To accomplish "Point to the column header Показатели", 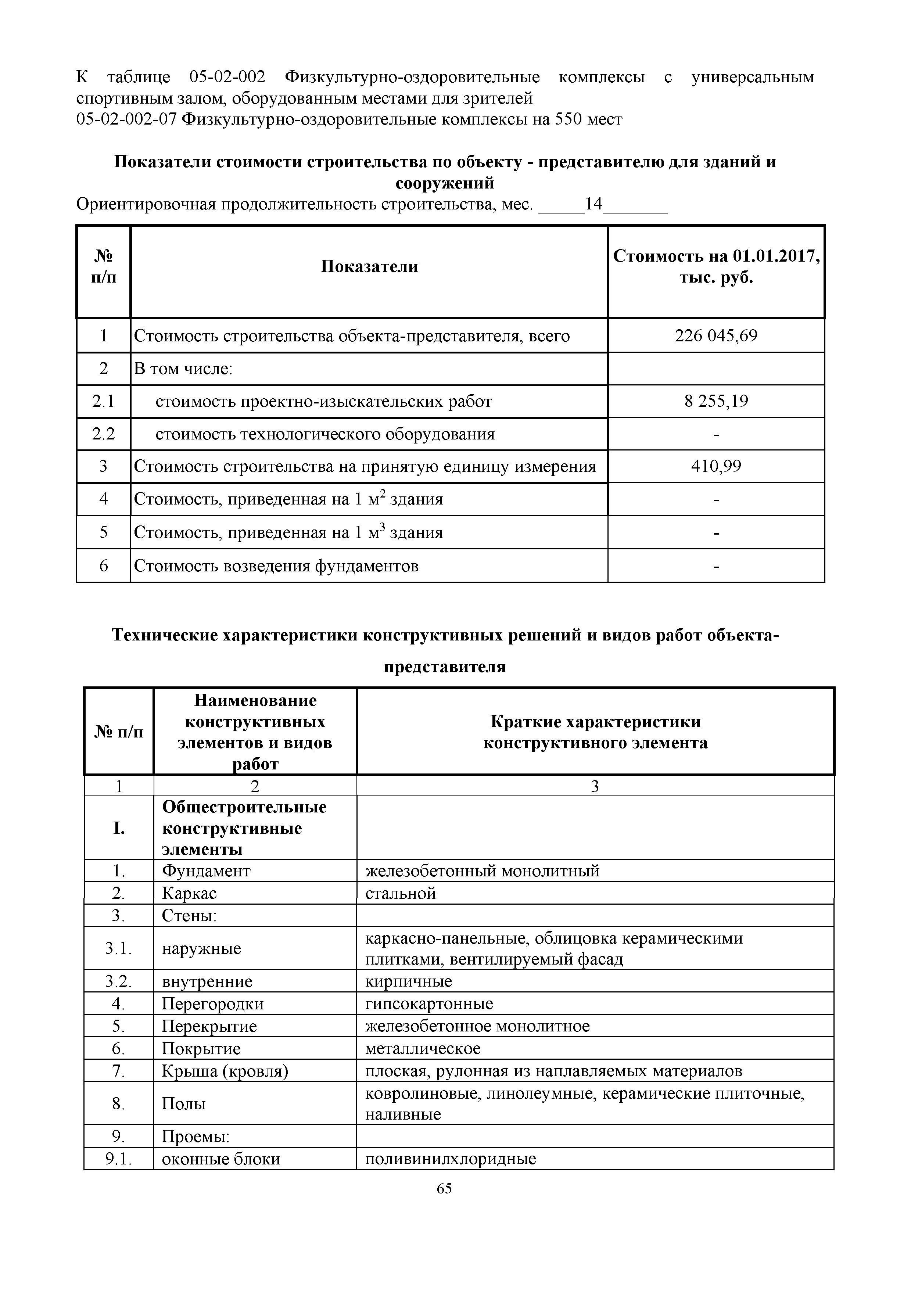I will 369,266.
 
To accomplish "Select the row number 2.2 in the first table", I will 103,434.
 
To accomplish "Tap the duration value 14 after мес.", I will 593,204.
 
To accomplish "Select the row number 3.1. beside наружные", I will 118,949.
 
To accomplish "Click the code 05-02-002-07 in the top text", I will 126,119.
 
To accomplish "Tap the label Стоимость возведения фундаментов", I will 276,565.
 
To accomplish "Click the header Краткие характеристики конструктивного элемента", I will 595,732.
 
